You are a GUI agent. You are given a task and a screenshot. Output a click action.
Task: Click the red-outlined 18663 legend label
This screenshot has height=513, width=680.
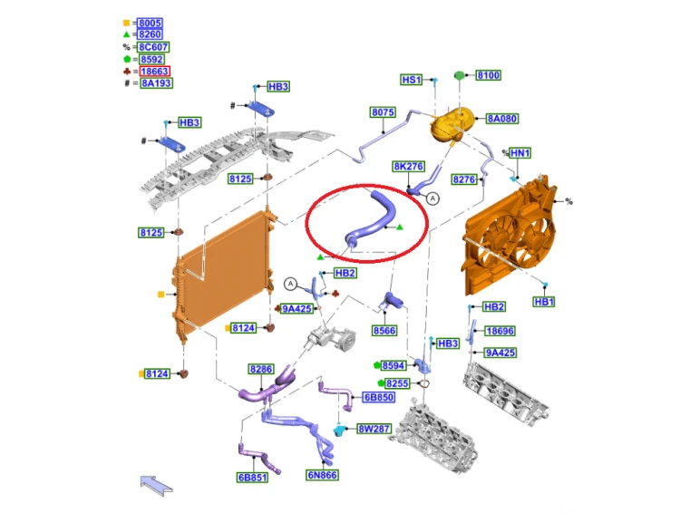[x=155, y=71]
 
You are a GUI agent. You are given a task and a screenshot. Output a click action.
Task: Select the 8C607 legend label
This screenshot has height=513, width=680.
[x=153, y=47]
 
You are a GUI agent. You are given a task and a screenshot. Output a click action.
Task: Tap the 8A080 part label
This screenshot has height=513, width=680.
[x=502, y=119]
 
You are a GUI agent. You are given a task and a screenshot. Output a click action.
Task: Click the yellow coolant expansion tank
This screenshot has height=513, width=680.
[x=450, y=124]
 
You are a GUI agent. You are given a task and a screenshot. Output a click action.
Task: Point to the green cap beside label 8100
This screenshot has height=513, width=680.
[x=460, y=75]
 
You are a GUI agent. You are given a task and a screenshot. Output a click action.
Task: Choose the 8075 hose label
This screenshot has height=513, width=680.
[x=383, y=112]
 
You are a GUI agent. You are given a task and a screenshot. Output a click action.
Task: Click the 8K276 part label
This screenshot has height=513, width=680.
[x=409, y=167]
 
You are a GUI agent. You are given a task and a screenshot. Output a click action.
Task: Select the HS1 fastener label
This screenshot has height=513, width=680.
[x=411, y=80]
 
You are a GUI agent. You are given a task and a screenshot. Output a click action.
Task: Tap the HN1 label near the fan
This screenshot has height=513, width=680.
[x=520, y=153]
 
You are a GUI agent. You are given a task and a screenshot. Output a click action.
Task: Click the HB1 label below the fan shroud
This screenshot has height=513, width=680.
[x=544, y=302]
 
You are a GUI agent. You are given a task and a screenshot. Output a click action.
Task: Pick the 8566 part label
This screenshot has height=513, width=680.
[x=384, y=331]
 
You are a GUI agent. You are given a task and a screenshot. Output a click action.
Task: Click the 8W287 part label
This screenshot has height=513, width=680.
[x=374, y=429]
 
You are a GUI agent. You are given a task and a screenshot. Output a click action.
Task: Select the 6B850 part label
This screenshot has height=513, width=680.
[x=379, y=397]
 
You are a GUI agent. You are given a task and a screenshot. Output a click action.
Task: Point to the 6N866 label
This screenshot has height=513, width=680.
[x=322, y=475]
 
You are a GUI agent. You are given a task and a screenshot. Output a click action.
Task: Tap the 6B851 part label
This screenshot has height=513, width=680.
[x=252, y=478]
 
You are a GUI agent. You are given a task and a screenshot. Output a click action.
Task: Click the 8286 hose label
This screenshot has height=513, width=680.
[x=261, y=369]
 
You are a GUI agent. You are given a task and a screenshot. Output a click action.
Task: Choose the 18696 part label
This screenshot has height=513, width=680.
[x=500, y=331]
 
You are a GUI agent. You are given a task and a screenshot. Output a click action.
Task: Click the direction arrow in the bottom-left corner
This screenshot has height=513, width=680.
[x=156, y=485]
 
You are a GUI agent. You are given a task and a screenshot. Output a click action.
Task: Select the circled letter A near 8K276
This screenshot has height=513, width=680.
[x=432, y=198]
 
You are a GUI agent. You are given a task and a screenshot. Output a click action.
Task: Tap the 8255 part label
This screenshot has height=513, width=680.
[x=397, y=383]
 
